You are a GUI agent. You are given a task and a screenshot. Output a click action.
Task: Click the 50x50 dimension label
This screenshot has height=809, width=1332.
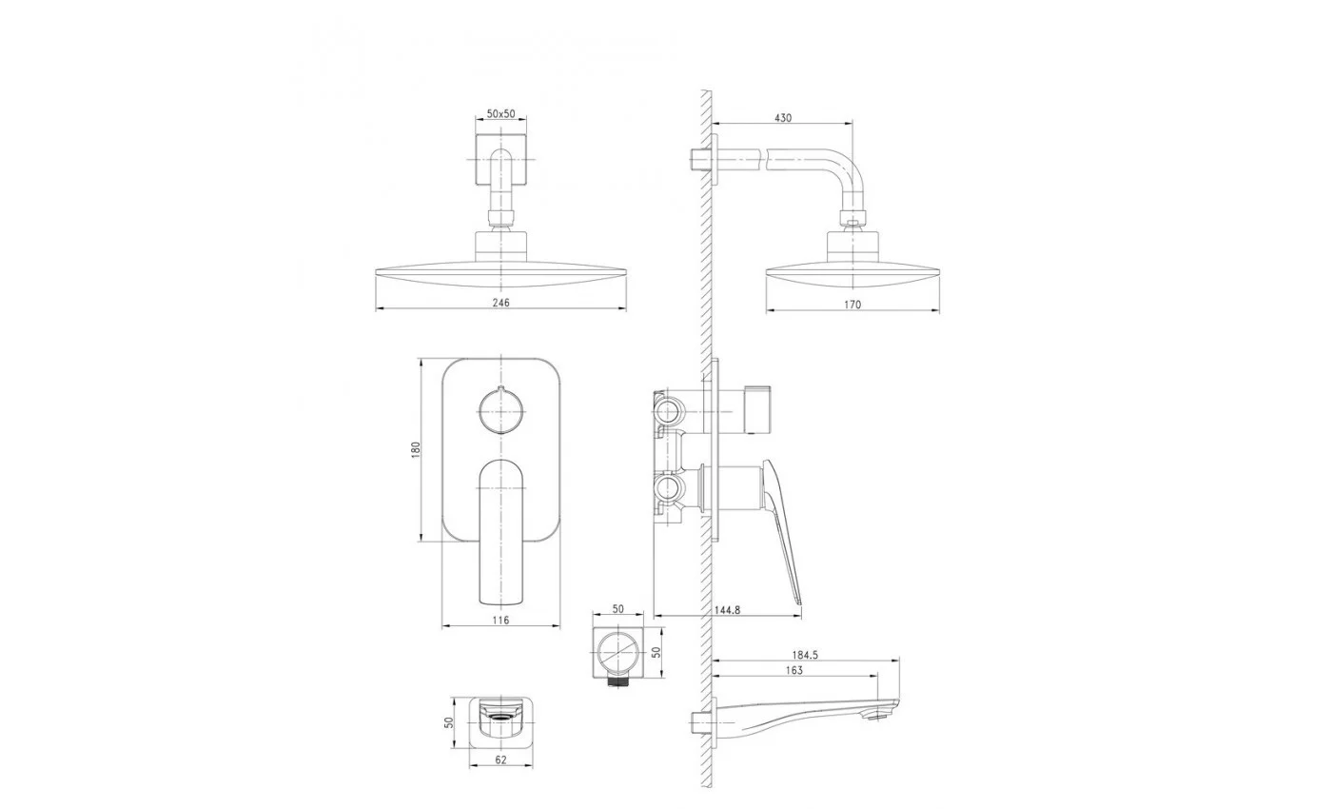(x=500, y=113)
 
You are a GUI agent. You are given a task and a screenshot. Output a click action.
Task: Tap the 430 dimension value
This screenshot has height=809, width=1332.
(x=783, y=118)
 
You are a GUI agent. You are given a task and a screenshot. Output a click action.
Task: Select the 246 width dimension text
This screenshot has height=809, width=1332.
(x=500, y=303)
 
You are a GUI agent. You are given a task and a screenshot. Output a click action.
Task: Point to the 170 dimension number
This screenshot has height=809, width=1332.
(x=852, y=305)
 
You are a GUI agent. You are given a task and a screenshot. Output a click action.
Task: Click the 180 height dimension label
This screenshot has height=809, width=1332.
(x=416, y=449)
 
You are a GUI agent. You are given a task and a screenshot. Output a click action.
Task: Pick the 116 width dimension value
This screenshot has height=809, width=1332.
(x=500, y=620)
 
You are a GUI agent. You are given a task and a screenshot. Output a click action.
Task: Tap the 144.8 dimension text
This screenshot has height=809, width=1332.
(x=727, y=610)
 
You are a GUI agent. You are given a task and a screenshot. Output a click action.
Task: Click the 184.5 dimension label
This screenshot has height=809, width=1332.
(x=805, y=655)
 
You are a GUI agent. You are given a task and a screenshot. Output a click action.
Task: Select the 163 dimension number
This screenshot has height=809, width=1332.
(x=793, y=670)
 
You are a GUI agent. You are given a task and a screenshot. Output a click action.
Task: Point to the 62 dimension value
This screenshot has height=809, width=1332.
(x=500, y=760)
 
